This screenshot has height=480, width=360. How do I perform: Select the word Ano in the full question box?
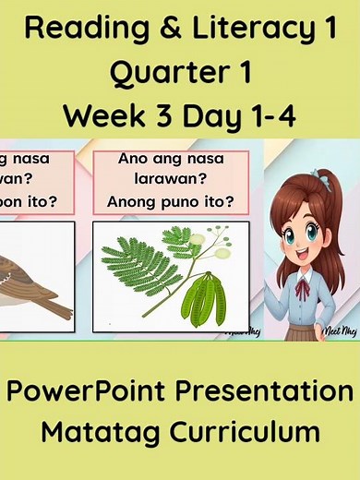click(x=134, y=158)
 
